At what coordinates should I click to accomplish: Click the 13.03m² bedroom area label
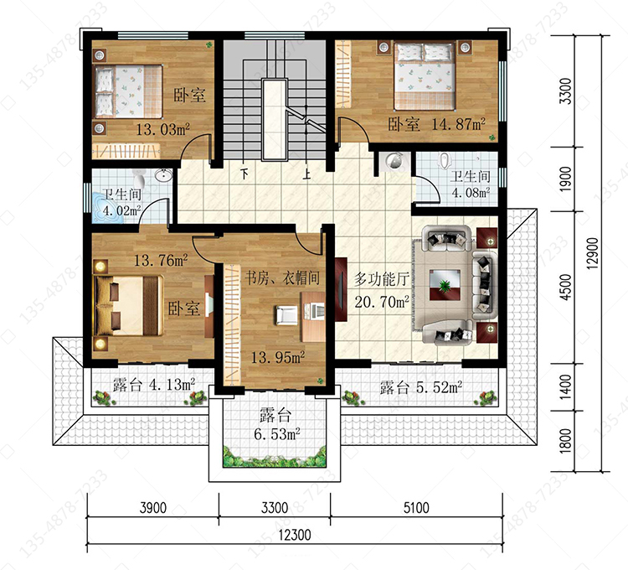tap(162, 129)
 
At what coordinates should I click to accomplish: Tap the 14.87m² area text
tap(458, 124)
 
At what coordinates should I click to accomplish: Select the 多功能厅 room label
tap(381, 279)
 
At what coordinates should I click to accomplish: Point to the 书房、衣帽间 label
tap(282, 277)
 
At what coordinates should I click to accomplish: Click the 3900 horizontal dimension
tap(152, 508)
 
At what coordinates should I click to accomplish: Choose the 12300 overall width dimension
tap(295, 535)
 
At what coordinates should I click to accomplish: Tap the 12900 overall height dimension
tap(593, 253)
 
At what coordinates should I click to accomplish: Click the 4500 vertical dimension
tap(565, 287)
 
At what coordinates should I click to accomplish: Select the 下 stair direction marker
tap(244, 174)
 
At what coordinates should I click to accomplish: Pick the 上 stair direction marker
tap(306, 174)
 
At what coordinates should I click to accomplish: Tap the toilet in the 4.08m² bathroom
tap(444, 161)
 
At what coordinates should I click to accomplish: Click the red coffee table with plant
tap(445, 285)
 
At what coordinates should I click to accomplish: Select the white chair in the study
tap(286, 315)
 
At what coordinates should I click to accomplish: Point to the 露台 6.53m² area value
tap(277, 433)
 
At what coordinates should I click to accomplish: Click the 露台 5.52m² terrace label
tap(421, 387)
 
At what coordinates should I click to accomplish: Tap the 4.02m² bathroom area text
tap(121, 210)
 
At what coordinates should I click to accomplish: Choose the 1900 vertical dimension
tap(565, 179)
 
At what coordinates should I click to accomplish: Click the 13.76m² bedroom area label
tap(161, 261)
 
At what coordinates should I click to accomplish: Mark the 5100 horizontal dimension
tap(416, 508)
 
